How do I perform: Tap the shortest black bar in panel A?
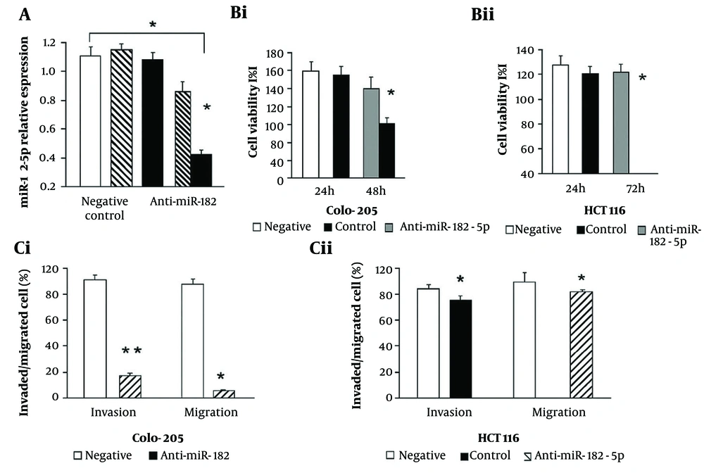(202, 170)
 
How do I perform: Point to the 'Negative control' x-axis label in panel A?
(103, 209)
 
